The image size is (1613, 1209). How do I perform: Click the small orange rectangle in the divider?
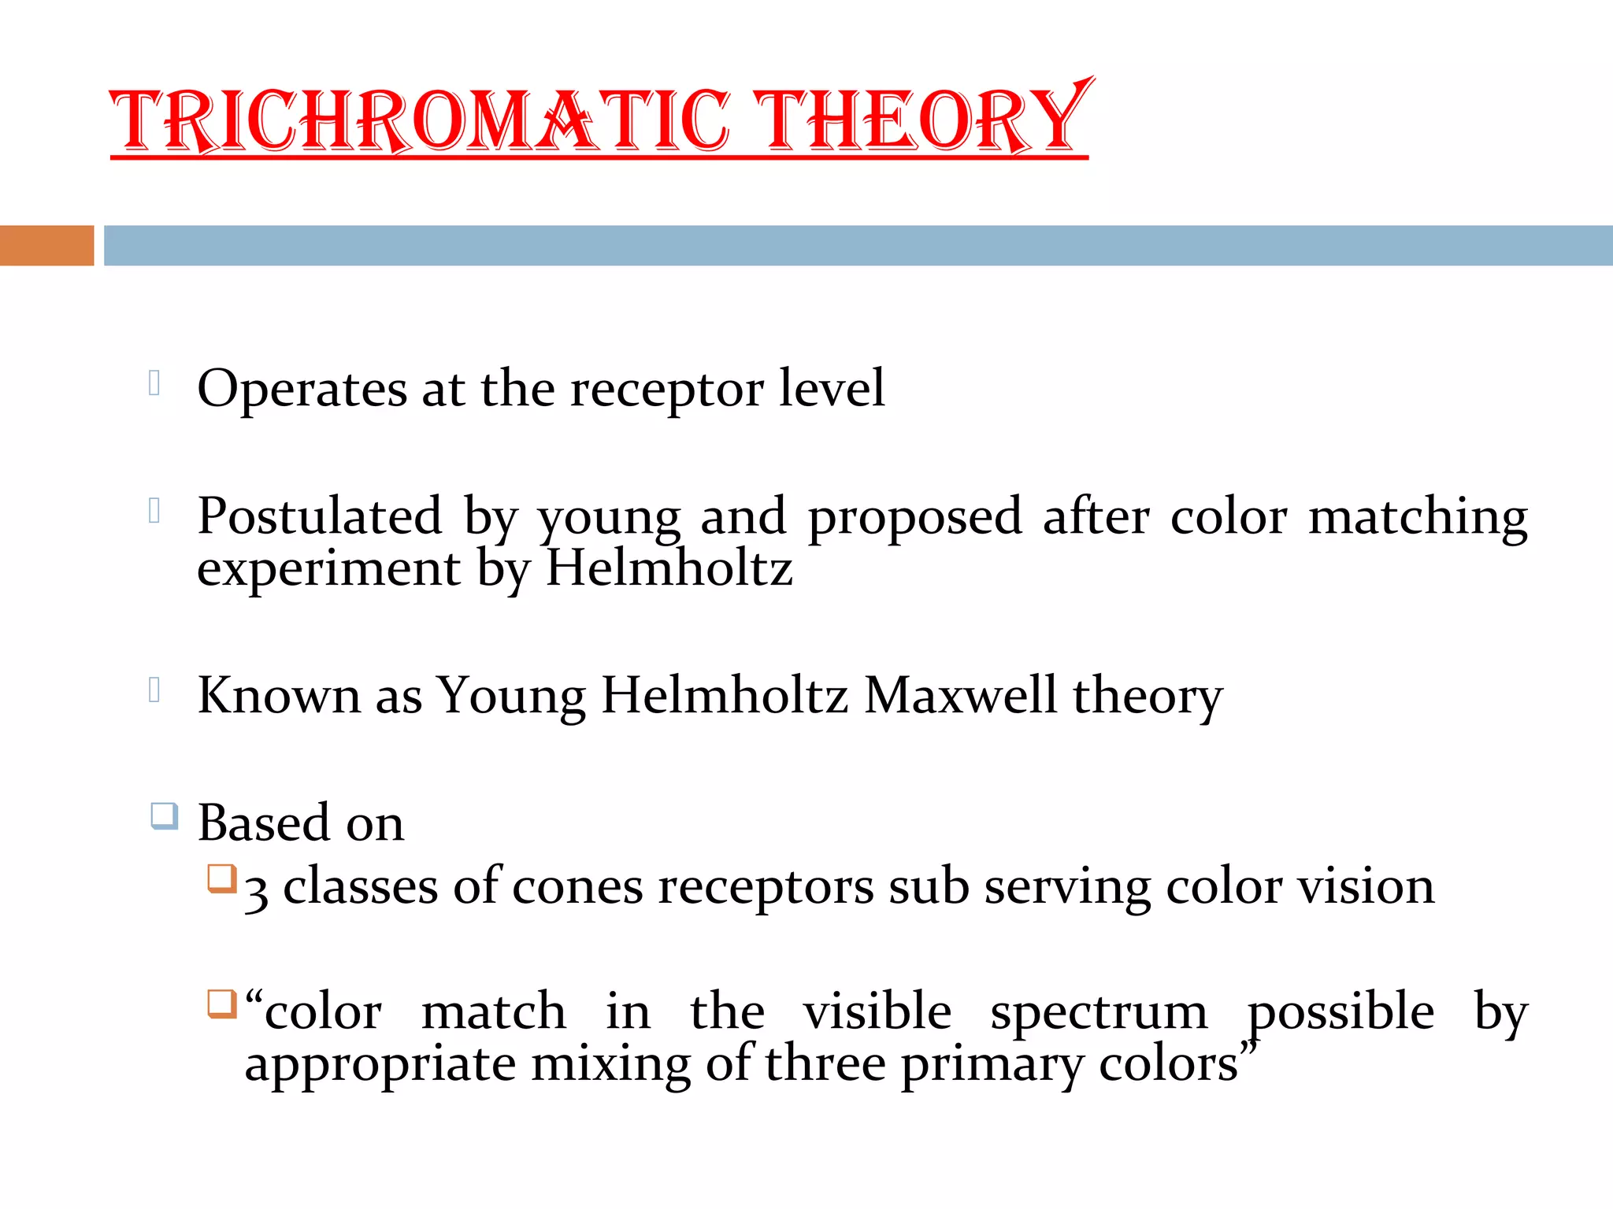[x=46, y=246]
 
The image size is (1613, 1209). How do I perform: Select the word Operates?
[x=302, y=389]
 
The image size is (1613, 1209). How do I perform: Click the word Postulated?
[x=319, y=516]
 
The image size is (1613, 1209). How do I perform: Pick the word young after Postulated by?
[x=609, y=519]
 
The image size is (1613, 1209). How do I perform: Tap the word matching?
[x=1418, y=518]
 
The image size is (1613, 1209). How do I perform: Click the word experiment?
[x=328, y=570]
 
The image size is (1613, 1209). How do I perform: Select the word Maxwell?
[x=960, y=696]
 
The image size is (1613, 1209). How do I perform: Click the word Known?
[x=279, y=696]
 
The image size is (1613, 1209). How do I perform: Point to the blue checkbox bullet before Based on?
[x=165, y=816]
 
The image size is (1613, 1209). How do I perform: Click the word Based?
[x=263, y=823]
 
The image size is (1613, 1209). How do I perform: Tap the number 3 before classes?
[x=256, y=892]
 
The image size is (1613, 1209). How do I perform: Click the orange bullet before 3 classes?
[x=222, y=879]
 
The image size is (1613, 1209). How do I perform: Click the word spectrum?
[x=1099, y=1014]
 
